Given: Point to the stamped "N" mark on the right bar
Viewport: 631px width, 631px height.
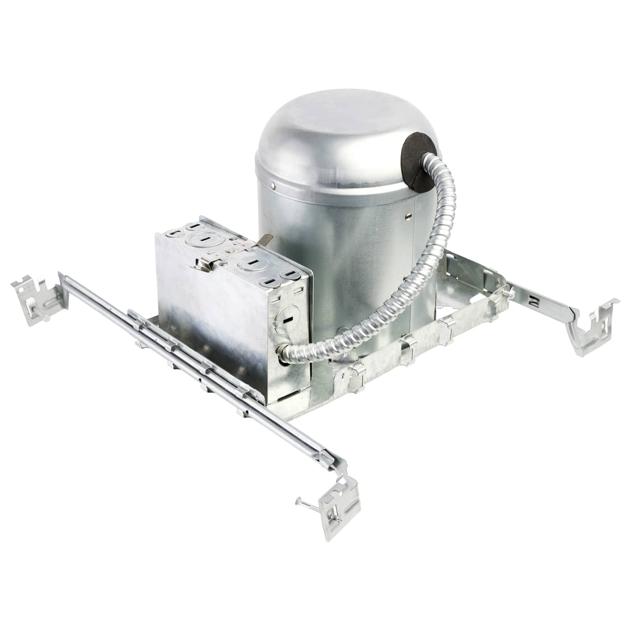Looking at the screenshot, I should tap(535, 299).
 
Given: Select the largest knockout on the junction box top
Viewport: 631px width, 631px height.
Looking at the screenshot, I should tap(202, 239).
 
